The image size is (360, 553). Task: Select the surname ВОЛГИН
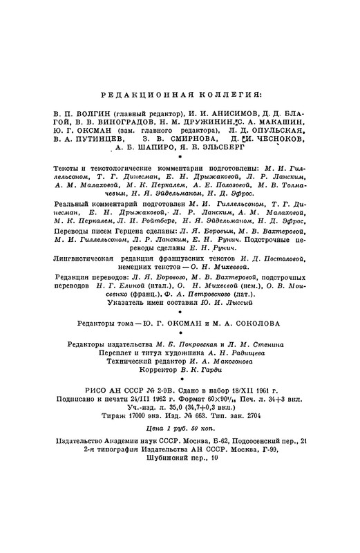89,113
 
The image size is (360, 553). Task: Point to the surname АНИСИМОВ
239,113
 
